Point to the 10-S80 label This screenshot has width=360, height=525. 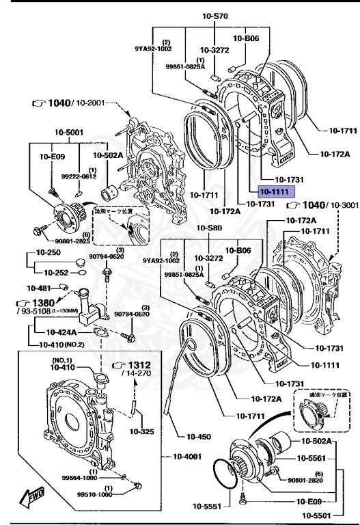click(x=211, y=227)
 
